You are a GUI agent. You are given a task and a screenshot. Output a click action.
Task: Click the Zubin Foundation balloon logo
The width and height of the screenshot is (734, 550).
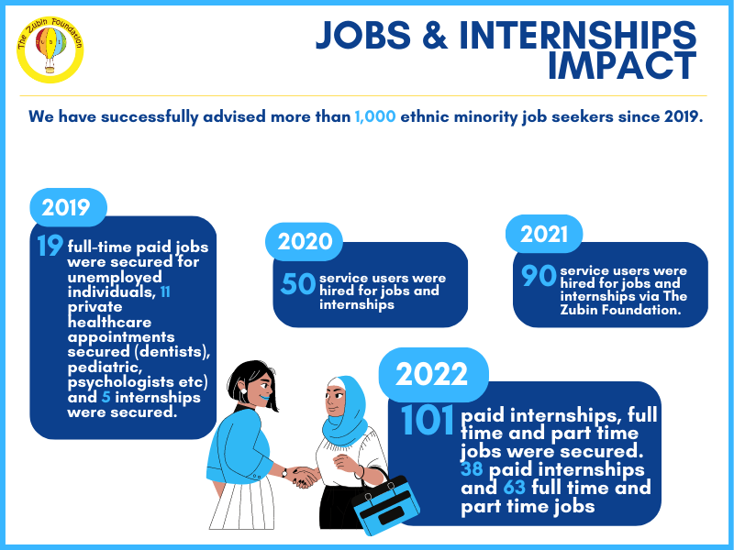[50, 49]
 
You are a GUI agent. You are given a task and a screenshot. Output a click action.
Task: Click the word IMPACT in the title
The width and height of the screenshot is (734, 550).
[622, 66]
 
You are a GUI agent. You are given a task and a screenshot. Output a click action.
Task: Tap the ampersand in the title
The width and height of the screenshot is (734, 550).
[435, 35]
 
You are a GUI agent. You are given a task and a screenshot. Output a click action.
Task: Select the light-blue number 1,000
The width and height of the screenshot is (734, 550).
[375, 116]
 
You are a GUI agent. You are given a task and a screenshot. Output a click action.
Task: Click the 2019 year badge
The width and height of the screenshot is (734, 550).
[68, 207]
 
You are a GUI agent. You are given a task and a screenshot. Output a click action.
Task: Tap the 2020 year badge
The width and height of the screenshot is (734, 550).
[305, 241]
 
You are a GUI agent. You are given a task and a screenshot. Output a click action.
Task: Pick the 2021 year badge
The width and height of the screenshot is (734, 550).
[544, 234]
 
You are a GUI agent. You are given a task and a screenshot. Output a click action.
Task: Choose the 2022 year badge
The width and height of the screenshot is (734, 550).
[433, 374]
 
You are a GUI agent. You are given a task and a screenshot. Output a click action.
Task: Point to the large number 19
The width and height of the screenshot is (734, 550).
[50, 246]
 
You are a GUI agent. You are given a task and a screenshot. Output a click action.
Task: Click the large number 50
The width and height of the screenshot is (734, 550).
[298, 283]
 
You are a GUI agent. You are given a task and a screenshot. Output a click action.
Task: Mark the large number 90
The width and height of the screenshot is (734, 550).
[539, 275]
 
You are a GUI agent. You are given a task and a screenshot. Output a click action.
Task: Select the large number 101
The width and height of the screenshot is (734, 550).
[428, 420]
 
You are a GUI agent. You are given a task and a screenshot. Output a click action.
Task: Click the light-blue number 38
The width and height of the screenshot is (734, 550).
[472, 469]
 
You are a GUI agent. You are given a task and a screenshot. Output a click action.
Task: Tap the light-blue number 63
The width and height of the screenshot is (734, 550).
[515, 488]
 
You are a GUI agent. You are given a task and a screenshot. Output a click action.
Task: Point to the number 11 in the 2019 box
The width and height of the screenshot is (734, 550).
[165, 291]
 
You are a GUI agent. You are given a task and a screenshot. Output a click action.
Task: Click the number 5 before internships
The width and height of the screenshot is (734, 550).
[106, 397]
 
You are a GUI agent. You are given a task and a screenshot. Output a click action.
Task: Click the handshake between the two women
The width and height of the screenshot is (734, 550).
[303, 477]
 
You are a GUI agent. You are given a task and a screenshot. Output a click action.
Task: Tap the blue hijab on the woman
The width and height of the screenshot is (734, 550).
[346, 412]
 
